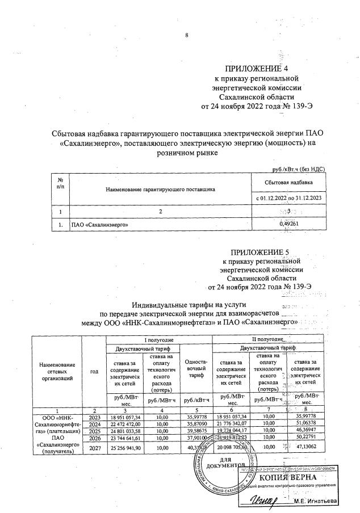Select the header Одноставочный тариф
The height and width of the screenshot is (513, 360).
point(195,370)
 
